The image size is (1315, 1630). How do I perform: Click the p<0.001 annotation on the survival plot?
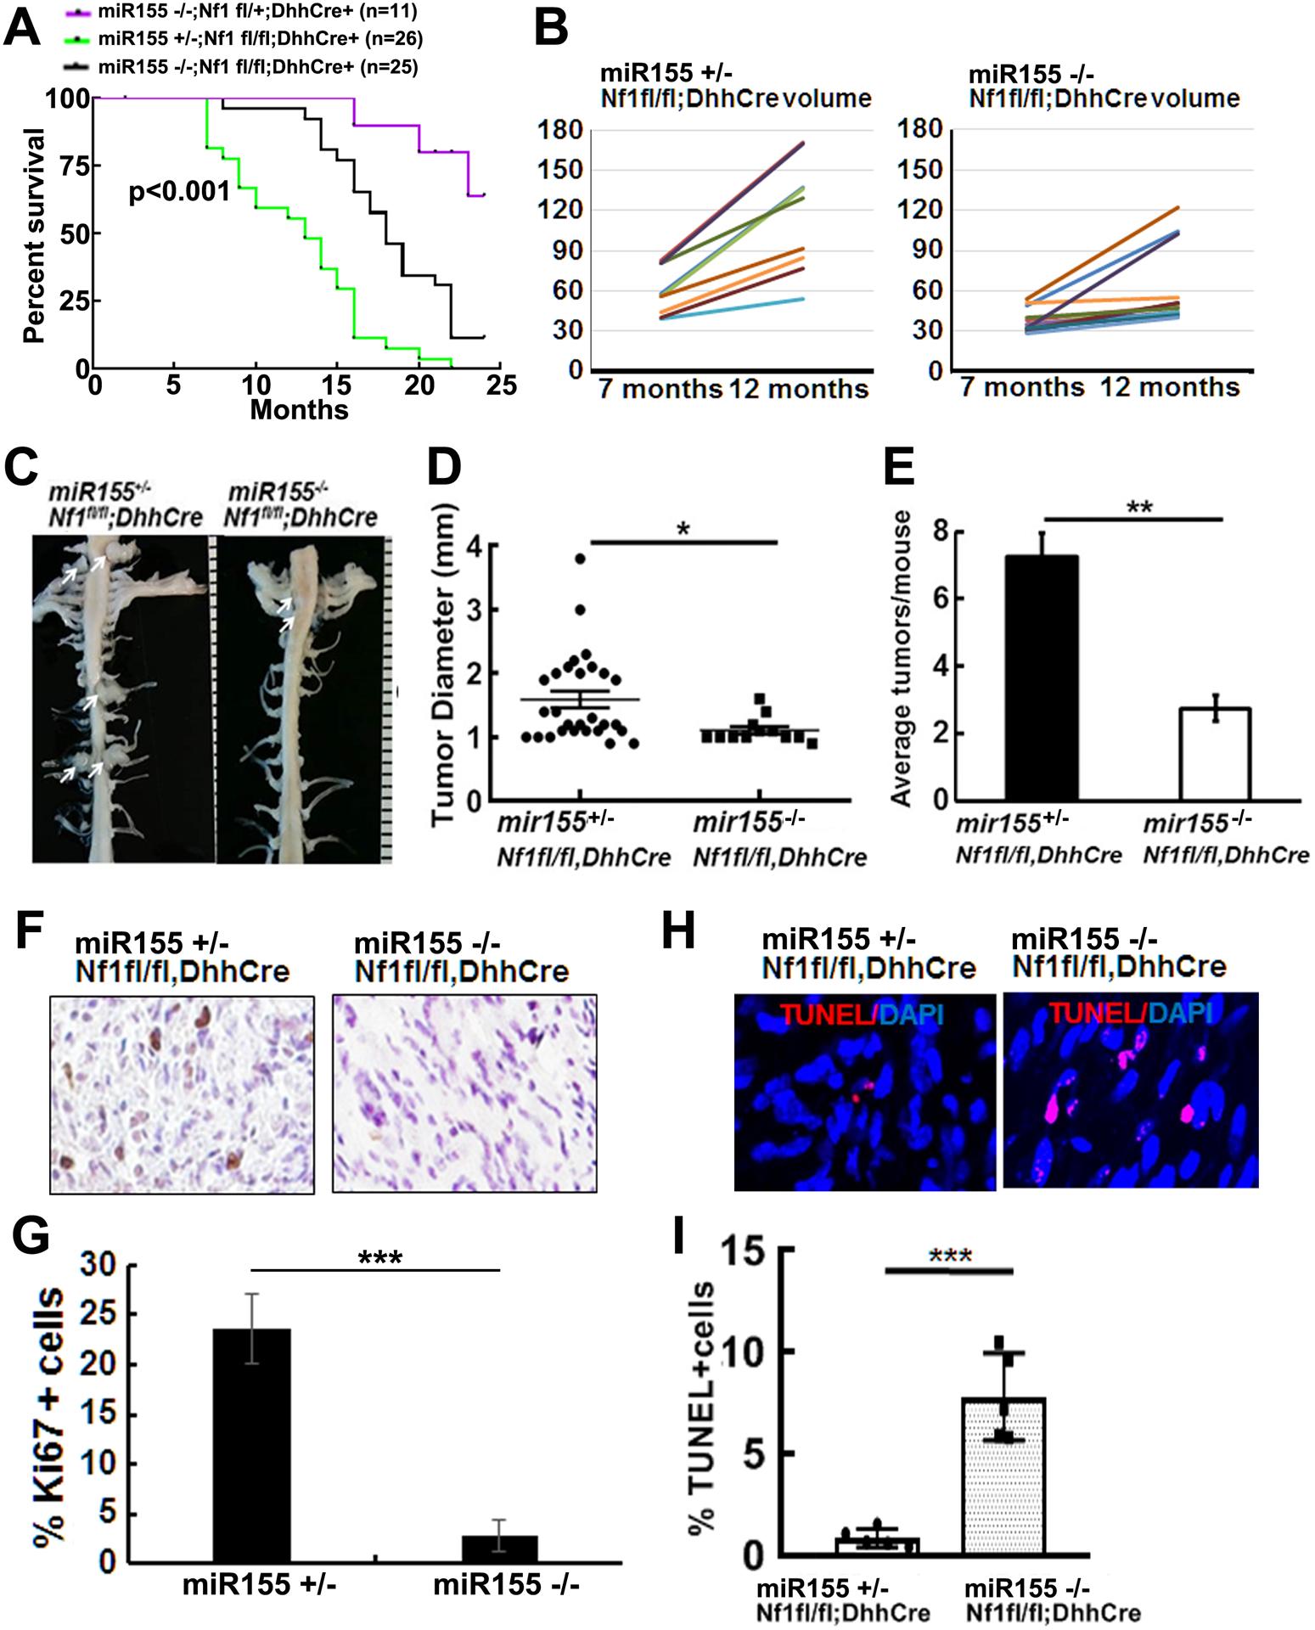pos(179,192)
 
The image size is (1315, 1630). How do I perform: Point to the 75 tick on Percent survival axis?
pos(75,166)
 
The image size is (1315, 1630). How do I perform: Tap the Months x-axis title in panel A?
pos(299,410)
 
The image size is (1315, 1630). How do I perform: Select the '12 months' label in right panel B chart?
pos(1170,388)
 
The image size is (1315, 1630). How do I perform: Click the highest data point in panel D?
pos(580,559)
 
